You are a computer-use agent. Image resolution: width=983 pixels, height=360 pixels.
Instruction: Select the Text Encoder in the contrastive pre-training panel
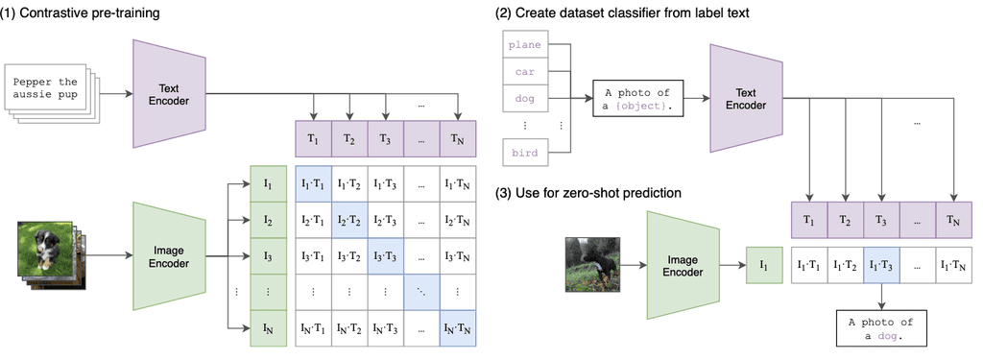pos(170,94)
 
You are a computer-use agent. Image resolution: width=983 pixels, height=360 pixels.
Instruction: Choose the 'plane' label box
pos(525,44)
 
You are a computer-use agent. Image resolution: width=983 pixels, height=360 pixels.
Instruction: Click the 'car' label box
pos(525,71)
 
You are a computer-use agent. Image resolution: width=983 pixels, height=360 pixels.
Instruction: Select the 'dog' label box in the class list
pos(525,97)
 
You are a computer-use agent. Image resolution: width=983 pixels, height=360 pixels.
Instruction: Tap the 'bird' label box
pos(525,152)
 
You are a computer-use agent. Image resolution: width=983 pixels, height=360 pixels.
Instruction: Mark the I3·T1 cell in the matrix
pos(312,256)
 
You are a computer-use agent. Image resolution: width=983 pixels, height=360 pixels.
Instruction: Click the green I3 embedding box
pos(268,256)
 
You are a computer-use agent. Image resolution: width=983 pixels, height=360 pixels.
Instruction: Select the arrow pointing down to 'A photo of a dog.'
pos(882,295)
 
